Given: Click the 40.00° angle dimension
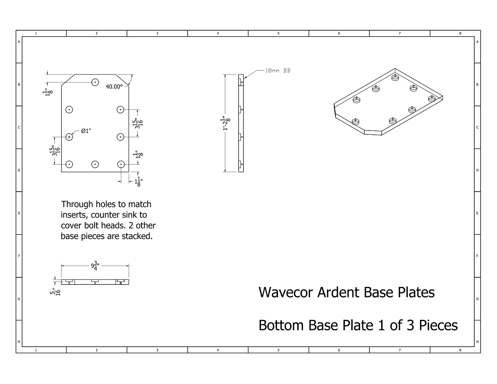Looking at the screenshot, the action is coord(114,87).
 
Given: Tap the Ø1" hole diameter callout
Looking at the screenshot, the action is coord(86,131).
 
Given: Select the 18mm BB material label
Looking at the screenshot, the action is coord(278,71).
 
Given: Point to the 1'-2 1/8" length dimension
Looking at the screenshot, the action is coord(225,123).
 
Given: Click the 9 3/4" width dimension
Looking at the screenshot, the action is coord(95,266).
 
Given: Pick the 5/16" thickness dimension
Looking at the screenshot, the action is coord(55,292).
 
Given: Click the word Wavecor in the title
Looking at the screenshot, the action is coord(285,292).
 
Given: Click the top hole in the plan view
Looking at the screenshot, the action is coord(95,82).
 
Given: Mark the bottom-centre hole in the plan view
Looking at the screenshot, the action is coord(95,164).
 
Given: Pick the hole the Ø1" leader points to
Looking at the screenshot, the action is coord(69,137).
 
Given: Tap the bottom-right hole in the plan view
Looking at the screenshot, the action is coord(121,164).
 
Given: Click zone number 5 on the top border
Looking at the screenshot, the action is coord(278,33).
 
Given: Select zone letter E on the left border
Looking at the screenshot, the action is coord(19,213).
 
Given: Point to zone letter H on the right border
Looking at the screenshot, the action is coord(477,342).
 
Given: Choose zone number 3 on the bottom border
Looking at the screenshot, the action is coord(157,350).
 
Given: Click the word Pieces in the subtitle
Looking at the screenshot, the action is coord(438,325).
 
